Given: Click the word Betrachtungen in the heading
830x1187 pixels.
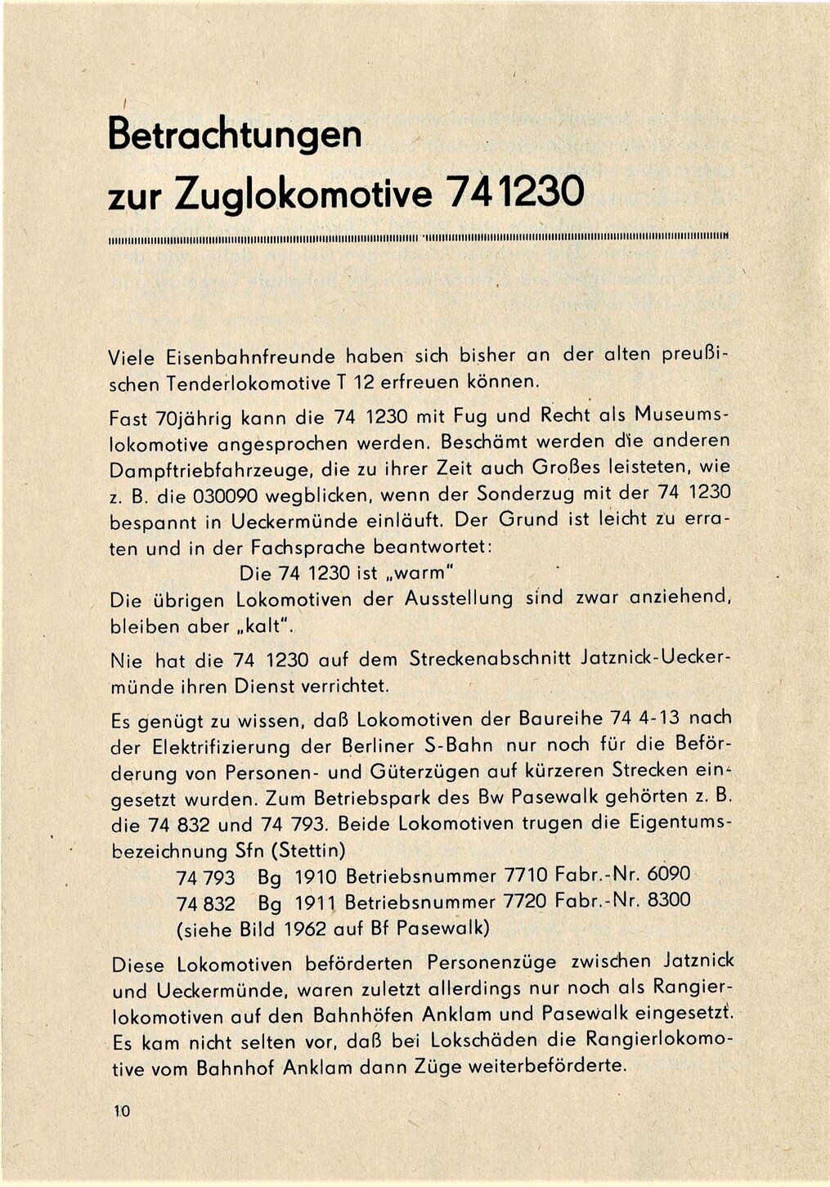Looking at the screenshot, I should [235, 134].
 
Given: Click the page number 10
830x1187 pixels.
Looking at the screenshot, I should [123, 1109].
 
